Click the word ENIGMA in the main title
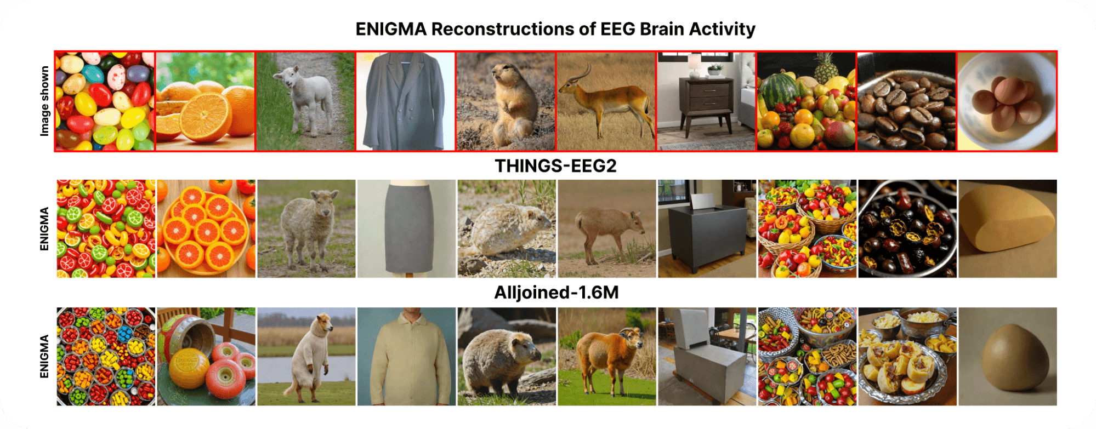[390, 29]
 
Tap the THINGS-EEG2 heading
[555, 166]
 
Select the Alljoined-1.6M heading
[556, 293]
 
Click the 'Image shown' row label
[44, 101]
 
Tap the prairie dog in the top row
[507, 104]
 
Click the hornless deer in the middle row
[606, 230]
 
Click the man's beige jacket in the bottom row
[406, 362]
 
